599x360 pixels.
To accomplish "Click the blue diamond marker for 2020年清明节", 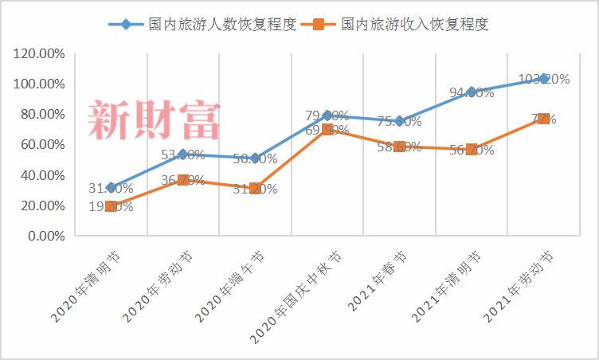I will click(111, 188).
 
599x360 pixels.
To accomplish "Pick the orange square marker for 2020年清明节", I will click(111, 206).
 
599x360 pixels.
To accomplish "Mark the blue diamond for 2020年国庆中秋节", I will click(327, 115).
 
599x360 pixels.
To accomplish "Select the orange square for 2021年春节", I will click(399, 147).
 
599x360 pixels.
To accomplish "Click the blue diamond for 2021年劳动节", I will click(544, 79).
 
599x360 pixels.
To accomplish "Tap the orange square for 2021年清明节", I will click(472, 149).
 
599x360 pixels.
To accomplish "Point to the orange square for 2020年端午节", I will click(255, 189).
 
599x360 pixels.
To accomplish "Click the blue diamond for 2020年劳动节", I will click(183, 155).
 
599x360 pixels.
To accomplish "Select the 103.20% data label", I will click(544, 79).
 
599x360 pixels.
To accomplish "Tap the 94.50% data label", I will click(472, 92).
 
